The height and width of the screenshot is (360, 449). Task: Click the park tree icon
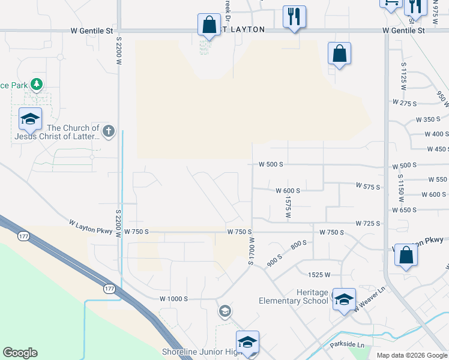click(37, 84)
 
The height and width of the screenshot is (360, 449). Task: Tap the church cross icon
click(108, 131)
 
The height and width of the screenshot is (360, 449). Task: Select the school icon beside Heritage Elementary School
click(344, 299)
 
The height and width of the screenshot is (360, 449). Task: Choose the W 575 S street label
click(368, 187)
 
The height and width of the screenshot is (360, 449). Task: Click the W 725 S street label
click(368, 223)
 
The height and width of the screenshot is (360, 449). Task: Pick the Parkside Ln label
click(347, 345)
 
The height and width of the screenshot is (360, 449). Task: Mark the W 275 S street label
click(404, 103)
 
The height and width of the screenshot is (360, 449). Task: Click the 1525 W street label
click(319, 275)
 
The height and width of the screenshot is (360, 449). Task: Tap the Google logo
click(20, 353)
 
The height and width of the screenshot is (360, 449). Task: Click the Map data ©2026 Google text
click(412, 355)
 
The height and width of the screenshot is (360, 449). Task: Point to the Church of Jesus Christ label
click(73, 132)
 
